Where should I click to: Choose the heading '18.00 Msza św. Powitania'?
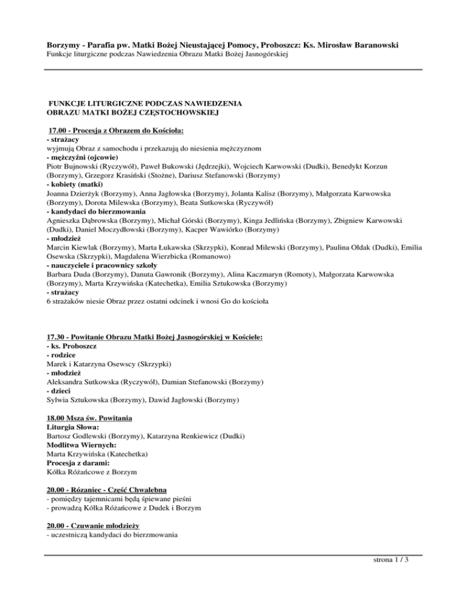(x=89, y=419)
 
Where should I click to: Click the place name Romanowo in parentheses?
(x=221, y=256)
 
